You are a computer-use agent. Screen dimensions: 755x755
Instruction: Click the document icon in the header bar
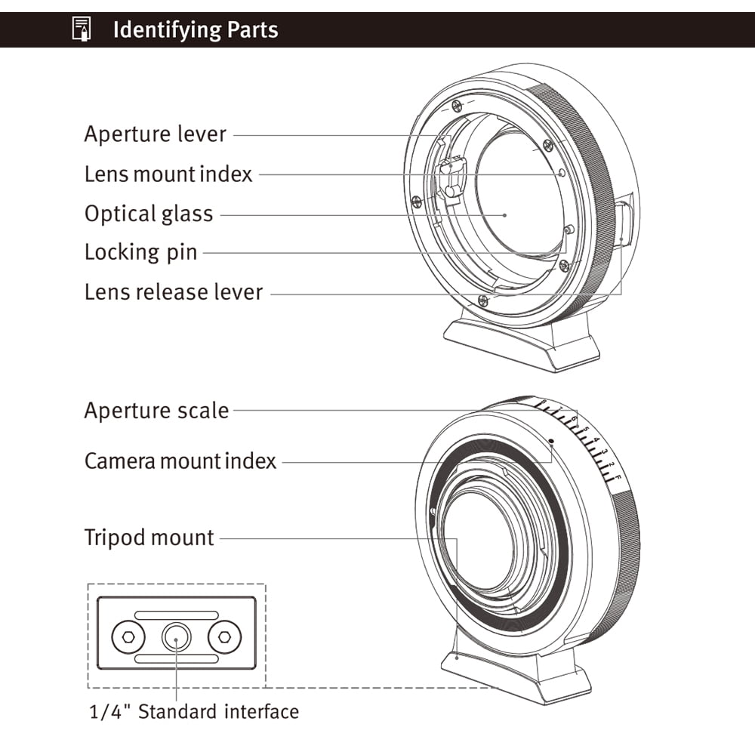81,30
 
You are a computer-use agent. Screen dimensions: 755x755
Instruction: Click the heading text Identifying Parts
196,30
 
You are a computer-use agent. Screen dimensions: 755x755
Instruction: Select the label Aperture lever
155,134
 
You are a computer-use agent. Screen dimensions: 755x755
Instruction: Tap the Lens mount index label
168,174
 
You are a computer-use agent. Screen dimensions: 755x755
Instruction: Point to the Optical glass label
149,214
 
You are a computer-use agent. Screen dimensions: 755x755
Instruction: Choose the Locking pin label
140,252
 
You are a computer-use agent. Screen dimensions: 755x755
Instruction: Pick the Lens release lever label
174,292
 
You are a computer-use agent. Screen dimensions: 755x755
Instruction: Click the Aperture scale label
156,411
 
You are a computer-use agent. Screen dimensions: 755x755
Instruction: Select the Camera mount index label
180,461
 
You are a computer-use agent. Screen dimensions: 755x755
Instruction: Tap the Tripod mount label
149,538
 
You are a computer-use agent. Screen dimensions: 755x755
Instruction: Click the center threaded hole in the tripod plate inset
176,639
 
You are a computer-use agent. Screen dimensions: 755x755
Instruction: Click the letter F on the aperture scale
617,479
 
